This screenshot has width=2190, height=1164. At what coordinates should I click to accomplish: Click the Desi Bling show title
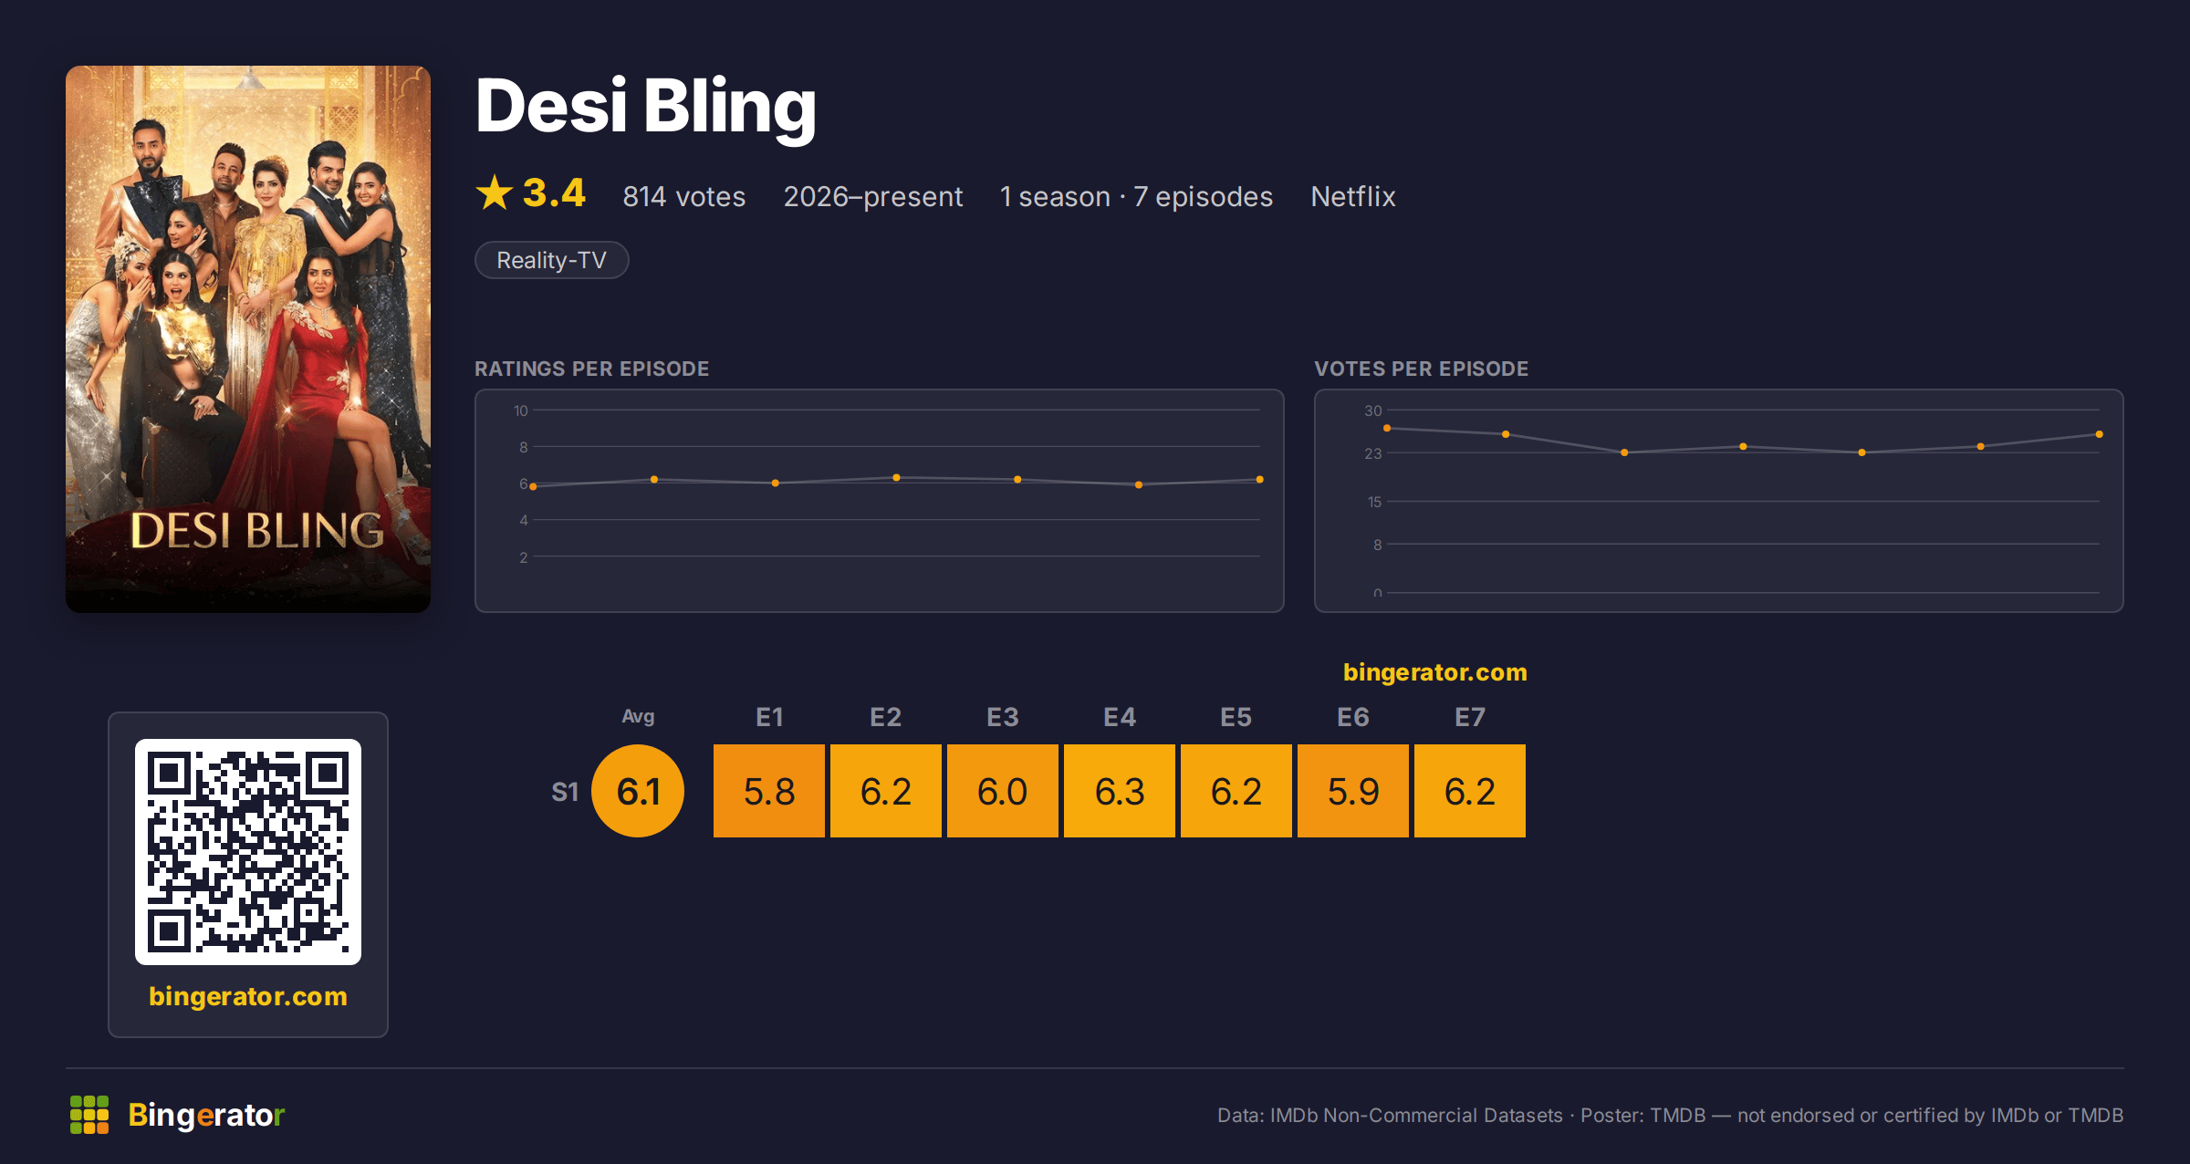coord(645,108)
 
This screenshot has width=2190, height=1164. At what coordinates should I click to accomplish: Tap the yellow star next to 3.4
coord(495,192)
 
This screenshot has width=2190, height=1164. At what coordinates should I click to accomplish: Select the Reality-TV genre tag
coord(551,260)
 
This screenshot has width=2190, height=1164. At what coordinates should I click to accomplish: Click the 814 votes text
coord(683,196)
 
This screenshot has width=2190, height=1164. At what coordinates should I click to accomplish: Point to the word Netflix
coord(1353,196)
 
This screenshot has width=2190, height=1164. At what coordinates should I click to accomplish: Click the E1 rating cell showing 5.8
coord(769,791)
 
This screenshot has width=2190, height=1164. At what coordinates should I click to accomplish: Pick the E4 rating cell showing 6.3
coord(1120,791)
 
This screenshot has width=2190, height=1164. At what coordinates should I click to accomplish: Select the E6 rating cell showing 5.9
coord(1353,791)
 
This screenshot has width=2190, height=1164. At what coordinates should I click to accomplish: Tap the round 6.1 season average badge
coord(638,791)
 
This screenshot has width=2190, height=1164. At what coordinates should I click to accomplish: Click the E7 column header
coord(1470,717)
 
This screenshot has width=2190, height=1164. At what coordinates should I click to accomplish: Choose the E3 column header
coord(1003,717)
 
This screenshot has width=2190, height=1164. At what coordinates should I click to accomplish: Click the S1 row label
coord(565,792)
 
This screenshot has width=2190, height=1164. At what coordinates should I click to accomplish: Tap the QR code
coord(248,852)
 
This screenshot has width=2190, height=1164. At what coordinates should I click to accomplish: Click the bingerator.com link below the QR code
coord(248,996)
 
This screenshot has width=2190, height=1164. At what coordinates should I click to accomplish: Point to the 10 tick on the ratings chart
coord(521,411)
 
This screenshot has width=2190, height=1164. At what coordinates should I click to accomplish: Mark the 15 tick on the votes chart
coord(1374,502)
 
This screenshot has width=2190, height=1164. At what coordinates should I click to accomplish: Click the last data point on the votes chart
coord(2100,434)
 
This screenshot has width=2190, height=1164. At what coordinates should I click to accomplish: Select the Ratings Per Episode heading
coord(592,369)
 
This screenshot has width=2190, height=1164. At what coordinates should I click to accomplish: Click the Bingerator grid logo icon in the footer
coord(89,1115)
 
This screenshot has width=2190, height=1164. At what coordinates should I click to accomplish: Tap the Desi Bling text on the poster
coord(256,531)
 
